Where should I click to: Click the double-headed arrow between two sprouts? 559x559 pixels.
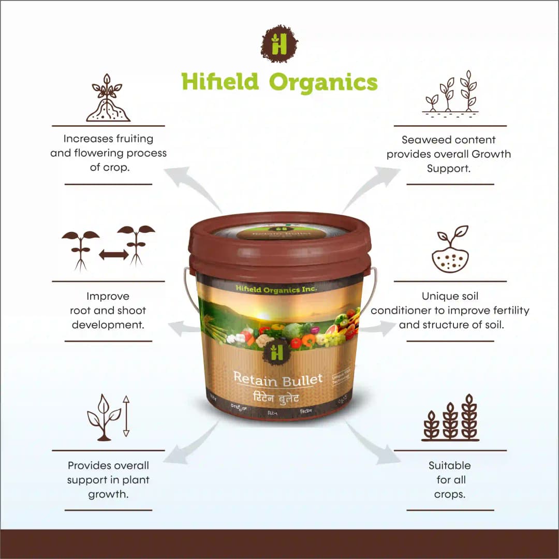pos(113,254)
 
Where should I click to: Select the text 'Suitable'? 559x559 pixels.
pos(449,465)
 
